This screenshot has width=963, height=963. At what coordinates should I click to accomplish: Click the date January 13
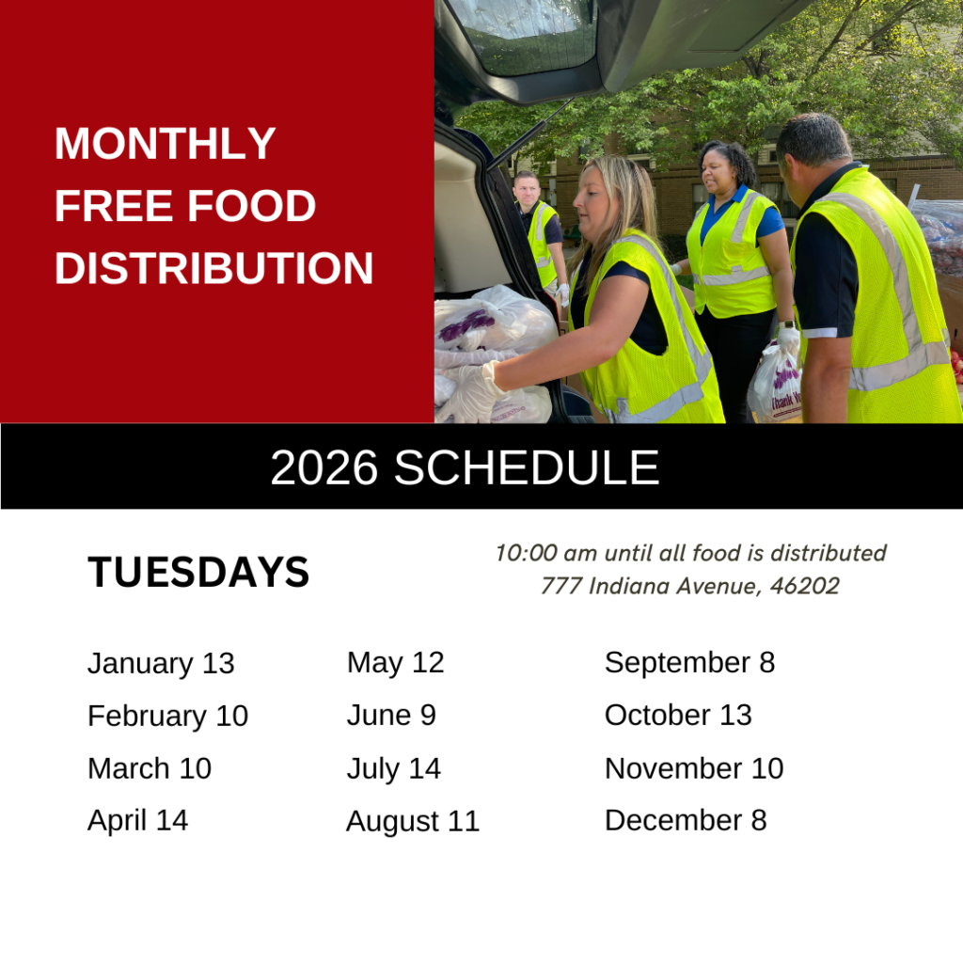click(161, 664)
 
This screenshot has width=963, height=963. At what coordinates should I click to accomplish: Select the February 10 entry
click(167, 717)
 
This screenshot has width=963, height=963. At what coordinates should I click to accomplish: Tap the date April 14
click(137, 821)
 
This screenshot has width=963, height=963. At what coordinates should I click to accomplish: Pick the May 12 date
click(396, 663)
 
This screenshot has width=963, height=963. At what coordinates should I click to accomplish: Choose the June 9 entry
click(391, 716)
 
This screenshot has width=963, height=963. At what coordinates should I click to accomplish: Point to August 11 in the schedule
click(413, 822)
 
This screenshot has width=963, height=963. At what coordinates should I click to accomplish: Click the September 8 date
click(689, 663)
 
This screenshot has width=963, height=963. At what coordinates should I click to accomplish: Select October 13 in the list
click(678, 716)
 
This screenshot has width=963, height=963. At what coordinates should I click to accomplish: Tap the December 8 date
click(686, 821)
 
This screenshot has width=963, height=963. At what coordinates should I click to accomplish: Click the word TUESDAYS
click(198, 573)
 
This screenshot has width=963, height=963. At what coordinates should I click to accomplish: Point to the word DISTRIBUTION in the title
click(213, 268)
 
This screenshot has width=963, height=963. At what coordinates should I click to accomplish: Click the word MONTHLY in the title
click(165, 144)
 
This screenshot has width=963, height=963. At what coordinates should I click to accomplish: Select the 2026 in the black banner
click(324, 468)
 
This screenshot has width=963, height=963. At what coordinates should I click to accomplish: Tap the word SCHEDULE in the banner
click(527, 468)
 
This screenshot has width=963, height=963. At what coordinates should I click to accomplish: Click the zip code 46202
click(805, 586)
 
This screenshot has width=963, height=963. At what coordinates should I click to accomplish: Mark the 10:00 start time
click(526, 553)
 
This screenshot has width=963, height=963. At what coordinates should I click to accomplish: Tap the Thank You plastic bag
click(775, 385)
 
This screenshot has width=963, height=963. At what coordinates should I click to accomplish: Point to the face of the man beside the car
click(526, 192)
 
